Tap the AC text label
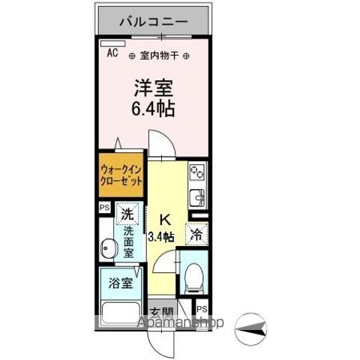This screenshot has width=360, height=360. coord(112,53)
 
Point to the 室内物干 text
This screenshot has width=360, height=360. coord(160,55)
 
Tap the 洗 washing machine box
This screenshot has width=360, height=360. coord(130,215)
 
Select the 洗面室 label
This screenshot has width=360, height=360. coord(129,243)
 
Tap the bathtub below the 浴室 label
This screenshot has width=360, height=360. coord(118,312)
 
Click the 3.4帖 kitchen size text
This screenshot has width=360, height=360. coord(165,237)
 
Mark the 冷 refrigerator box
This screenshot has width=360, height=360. coord(197,234)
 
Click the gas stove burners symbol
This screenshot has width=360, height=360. coord(198,174)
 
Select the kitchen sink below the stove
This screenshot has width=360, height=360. coord(199,199)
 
